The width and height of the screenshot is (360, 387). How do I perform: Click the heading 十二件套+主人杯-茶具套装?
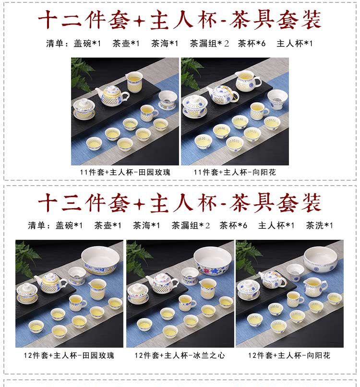180,20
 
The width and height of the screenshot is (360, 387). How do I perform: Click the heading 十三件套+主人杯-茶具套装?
180,202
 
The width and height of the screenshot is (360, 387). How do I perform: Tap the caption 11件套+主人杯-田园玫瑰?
125,172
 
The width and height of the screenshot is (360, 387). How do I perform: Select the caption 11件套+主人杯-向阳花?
235,172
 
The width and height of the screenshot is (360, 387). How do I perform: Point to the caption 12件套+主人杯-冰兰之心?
180,355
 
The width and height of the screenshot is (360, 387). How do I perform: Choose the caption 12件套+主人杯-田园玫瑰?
69,355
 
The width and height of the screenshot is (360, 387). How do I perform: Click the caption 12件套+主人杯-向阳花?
289,355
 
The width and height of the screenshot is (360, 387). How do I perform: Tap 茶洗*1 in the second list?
320,225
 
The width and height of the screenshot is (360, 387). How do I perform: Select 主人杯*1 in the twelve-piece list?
295,44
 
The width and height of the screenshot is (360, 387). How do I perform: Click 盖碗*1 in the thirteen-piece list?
69,225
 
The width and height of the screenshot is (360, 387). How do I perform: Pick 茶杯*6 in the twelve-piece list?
252,44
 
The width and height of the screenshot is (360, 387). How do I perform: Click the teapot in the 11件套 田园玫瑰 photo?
112,96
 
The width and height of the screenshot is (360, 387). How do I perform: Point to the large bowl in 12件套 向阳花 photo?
321,260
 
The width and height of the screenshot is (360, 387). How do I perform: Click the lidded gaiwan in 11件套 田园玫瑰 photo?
84,109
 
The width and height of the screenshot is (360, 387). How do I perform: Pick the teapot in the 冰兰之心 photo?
162,283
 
